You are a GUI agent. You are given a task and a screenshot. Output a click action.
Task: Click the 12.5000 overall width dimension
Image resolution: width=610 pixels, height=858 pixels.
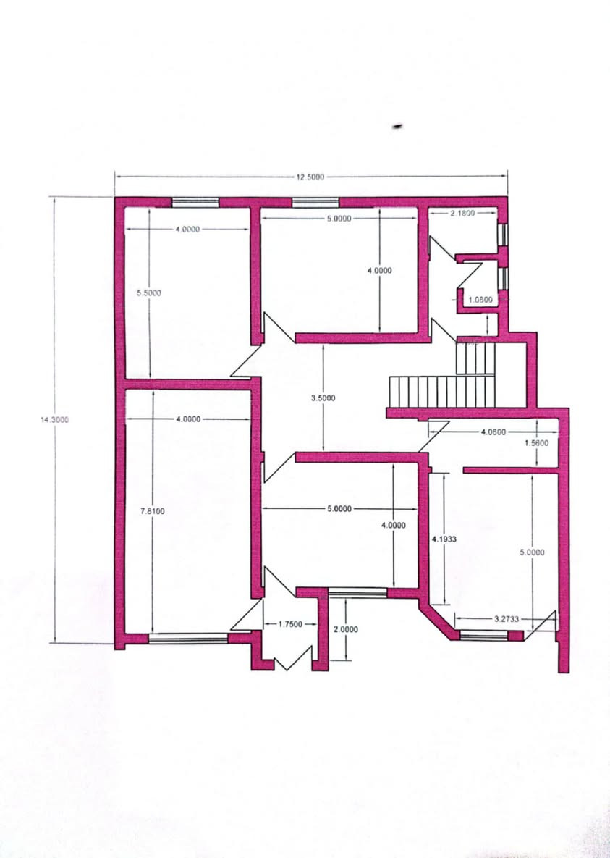pyautogui.click(x=310, y=177)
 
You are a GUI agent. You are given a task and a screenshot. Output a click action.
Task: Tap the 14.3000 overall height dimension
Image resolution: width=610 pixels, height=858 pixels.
pyautogui.click(x=55, y=420)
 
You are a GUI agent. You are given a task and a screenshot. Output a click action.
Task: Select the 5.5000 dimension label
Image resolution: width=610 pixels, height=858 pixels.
pyautogui.click(x=149, y=293)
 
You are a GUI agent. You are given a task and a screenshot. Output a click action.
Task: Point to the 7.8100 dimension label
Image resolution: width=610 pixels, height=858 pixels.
pyautogui.click(x=153, y=511)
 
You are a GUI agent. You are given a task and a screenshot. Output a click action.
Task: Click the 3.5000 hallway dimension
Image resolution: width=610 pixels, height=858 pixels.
pyautogui.click(x=323, y=398)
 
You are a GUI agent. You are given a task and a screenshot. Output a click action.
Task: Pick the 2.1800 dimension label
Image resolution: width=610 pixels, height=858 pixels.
pyautogui.click(x=462, y=213)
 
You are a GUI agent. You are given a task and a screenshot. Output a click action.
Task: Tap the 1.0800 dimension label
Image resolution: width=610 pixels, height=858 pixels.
pyautogui.click(x=480, y=299)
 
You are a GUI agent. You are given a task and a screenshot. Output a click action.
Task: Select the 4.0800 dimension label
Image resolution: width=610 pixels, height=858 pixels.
pyautogui.click(x=493, y=432)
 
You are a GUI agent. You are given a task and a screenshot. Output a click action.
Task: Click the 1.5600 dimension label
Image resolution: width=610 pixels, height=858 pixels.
pyautogui.click(x=535, y=442)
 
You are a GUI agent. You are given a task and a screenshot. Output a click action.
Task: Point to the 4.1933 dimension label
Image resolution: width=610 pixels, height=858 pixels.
pyautogui.click(x=444, y=539)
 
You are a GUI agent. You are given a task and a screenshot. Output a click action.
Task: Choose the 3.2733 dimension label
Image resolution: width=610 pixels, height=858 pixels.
pyautogui.click(x=506, y=619)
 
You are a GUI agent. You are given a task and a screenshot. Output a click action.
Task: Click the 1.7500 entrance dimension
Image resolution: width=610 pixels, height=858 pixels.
pyautogui.click(x=290, y=624)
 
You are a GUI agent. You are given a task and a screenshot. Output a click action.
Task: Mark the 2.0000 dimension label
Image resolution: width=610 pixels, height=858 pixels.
pyautogui.click(x=346, y=629)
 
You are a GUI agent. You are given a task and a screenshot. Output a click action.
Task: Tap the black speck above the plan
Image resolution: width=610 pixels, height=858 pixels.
pyautogui.click(x=398, y=127)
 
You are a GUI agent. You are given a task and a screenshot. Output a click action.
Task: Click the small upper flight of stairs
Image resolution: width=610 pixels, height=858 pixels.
pyautogui.click(x=475, y=358)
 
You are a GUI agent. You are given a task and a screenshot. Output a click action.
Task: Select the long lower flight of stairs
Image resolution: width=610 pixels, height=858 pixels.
pyautogui.click(x=442, y=392)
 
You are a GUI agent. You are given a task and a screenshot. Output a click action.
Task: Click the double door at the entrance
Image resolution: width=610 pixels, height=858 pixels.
pyautogui.click(x=293, y=659)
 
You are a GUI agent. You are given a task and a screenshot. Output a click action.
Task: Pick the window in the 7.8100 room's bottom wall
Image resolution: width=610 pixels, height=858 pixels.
pyautogui.click(x=188, y=638)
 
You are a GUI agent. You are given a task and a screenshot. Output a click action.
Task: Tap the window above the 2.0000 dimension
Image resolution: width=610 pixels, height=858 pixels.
pyautogui.click(x=357, y=592)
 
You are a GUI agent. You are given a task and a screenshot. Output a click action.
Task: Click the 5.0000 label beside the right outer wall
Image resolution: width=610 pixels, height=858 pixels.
pyautogui.click(x=533, y=552)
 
